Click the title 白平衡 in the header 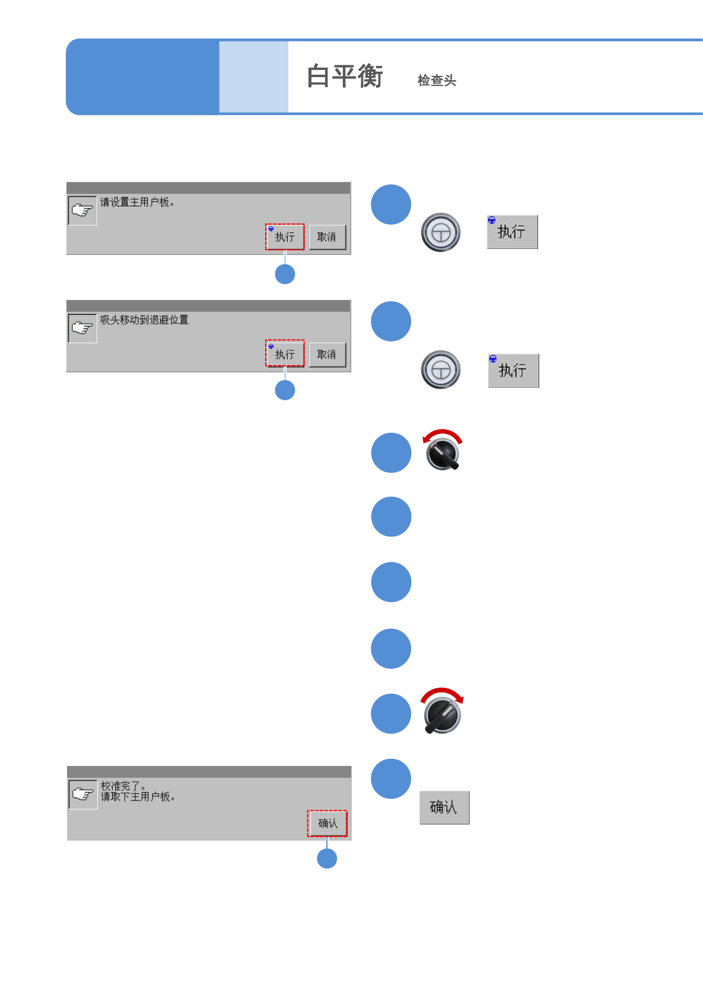click(x=345, y=76)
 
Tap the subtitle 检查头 click(x=437, y=81)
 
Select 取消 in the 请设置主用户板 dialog click(x=327, y=237)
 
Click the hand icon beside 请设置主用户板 click(x=82, y=210)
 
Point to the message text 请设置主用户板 click(x=137, y=202)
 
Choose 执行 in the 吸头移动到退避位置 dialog click(x=285, y=354)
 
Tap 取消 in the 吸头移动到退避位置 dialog click(x=327, y=355)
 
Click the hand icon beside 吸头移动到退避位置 click(x=82, y=328)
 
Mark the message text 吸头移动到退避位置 click(x=144, y=320)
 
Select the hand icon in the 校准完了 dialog click(x=82, y=794)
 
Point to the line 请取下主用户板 click(x=138, y=797)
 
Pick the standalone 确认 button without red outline click(x=444, y=807)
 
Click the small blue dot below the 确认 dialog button click(x=327, y=858)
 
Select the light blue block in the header click(x=253, y=76)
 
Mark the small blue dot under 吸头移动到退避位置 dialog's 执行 click(x=285, y=390)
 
